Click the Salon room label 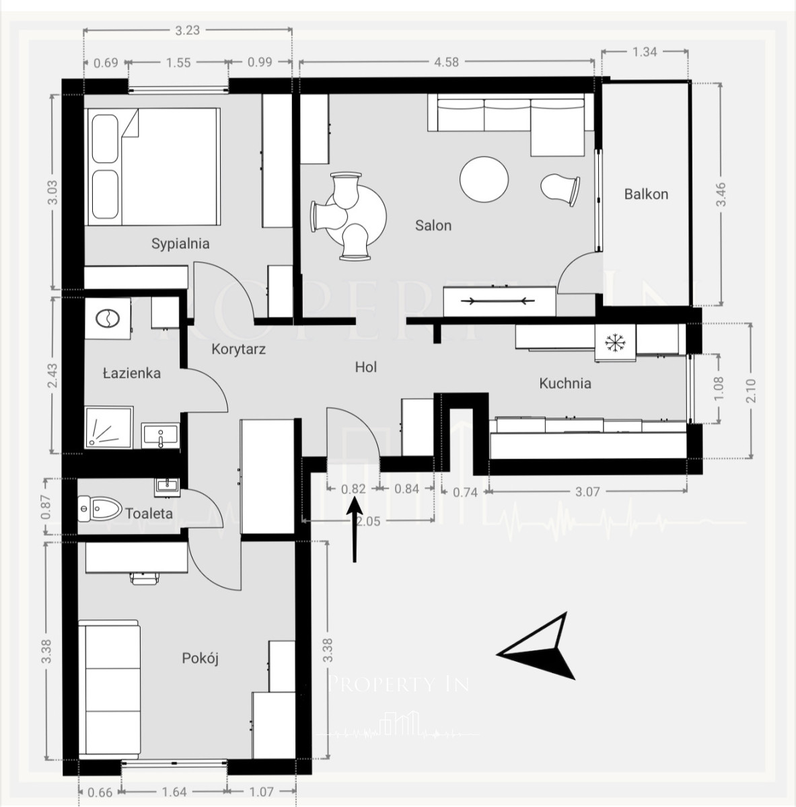(433, 225)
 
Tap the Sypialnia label (180, 243)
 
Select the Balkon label (646, 194)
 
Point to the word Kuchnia (565, 383)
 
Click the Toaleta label (149, 513)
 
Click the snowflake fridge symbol (615, 343)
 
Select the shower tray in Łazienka (109, 427)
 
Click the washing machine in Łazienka (108, 318)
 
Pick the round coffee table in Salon (484, 180)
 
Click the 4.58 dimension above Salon (446, 62)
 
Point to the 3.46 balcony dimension (721, 194)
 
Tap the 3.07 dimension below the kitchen (587, 492)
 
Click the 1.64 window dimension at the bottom (174, 792)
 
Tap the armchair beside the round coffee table (560, 189)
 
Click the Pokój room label (200, 658)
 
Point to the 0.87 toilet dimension (46, 507)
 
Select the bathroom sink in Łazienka (161, 436)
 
